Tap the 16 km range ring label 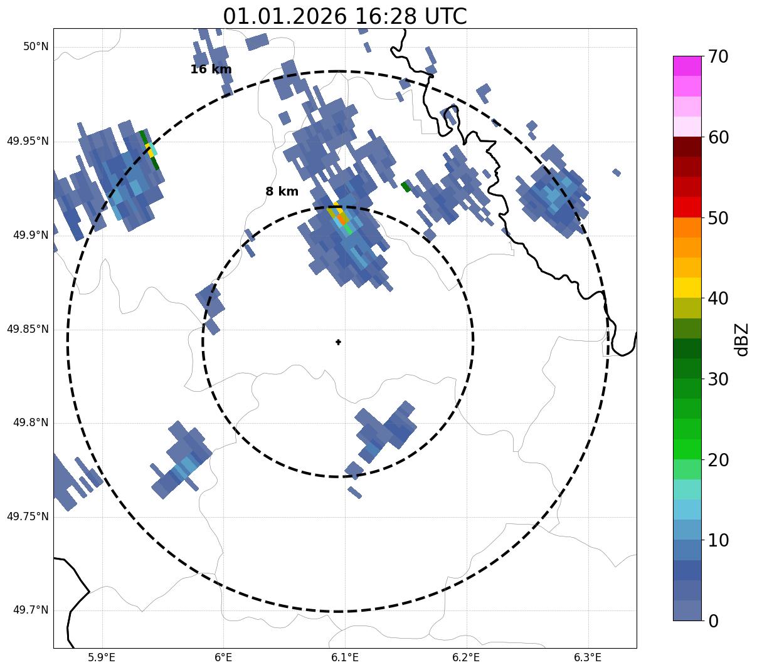211,70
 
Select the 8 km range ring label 282,192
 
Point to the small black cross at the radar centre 338,342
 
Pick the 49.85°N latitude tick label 28,329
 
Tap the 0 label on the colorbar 714,621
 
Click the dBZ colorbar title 743,340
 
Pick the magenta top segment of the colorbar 687,66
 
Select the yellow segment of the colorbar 687,288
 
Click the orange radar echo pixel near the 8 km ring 341,219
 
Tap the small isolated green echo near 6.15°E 406,186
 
